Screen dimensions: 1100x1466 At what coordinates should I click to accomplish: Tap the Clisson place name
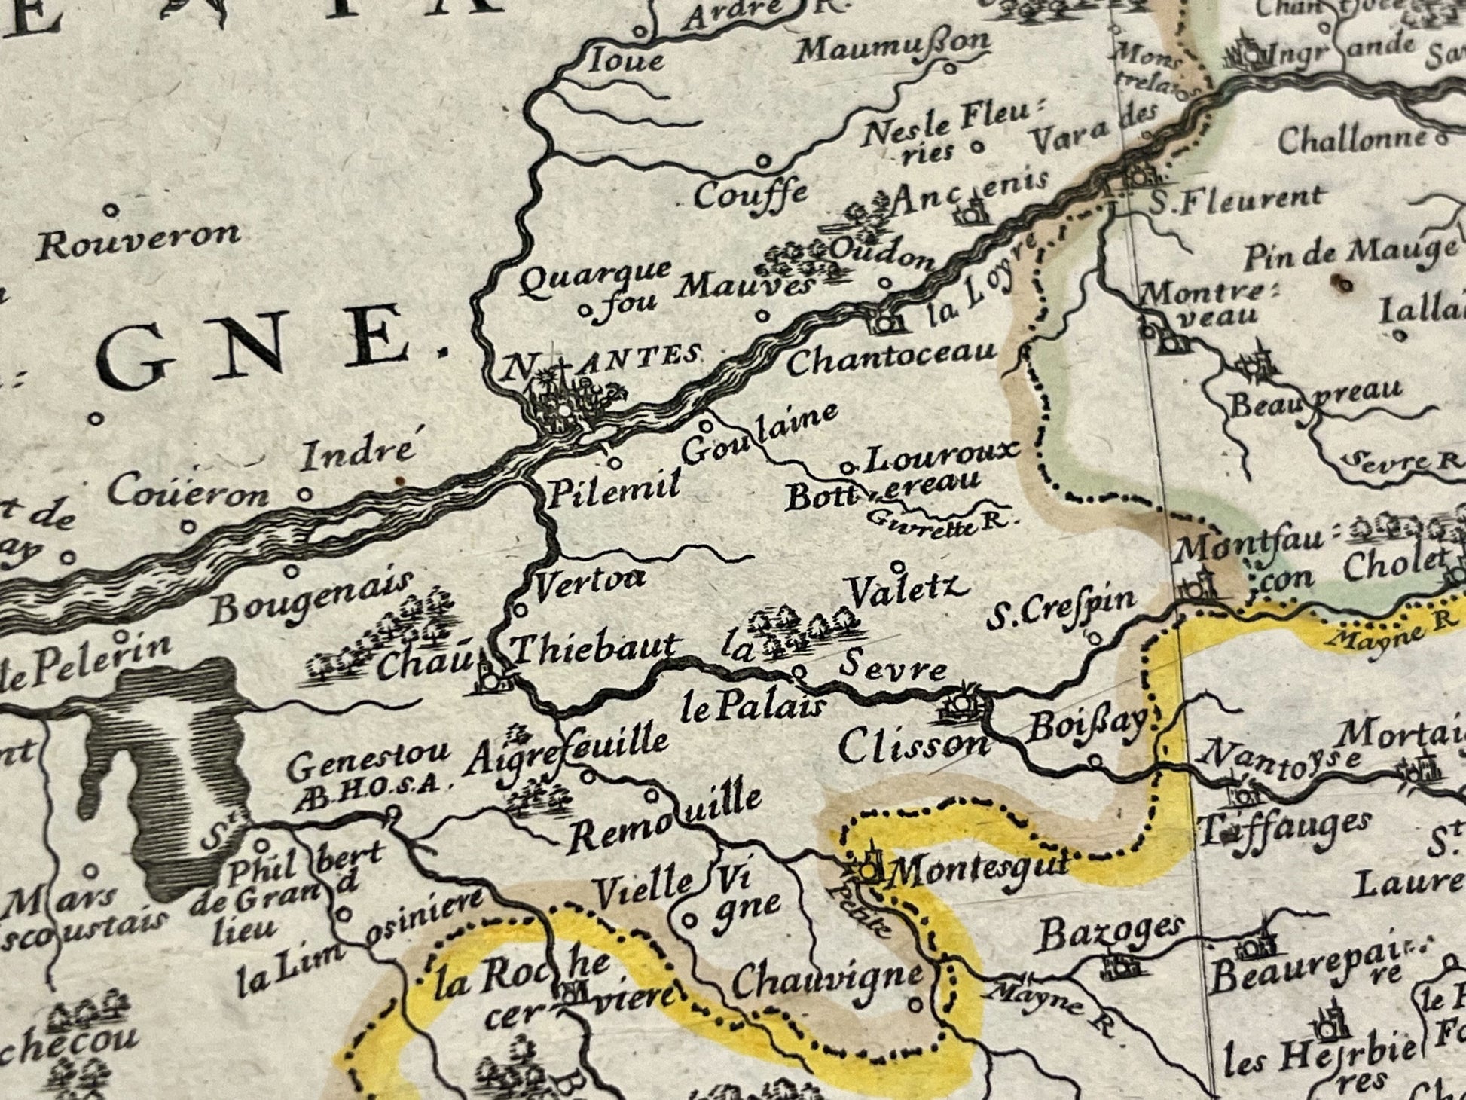pyautogui.click(x=912, y=747)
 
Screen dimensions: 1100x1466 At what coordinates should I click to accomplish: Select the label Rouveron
pyautogui.click(x=139, y=240)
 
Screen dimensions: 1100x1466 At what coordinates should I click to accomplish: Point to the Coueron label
pyautogui.click(x=188, y=492)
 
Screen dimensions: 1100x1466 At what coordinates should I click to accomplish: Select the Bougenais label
pyautogui.click(x=312, y=598)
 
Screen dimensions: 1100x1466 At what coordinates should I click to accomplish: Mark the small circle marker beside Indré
pyautogui.click(x=304, y=495)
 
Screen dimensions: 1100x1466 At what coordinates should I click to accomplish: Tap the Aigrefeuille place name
pyautogui.click(x=565, y=749)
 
